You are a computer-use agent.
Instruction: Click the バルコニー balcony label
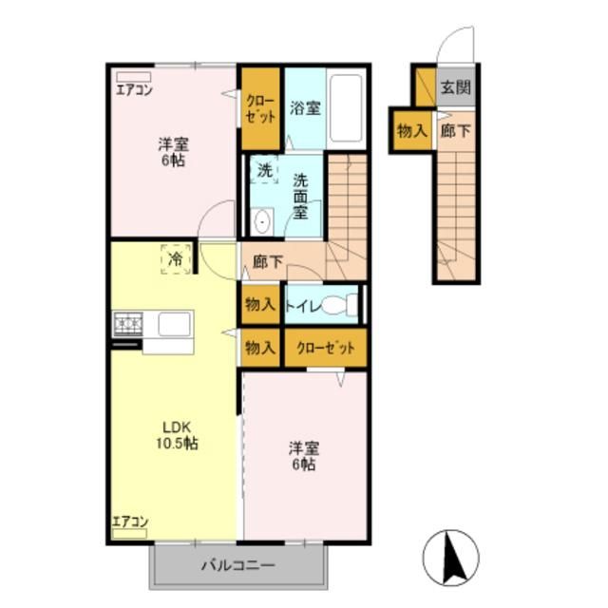pyautogui.click(x=237, y=566)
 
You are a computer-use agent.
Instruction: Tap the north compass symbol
pyautogui.click(x=452, y=556)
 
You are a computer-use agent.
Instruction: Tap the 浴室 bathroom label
pyautogui.click(x=305, y=107)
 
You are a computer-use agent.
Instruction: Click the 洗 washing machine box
pyautogui.click(x=265, y=171)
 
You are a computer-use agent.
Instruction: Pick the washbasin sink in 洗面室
pyautogui.click(x=263, y=222)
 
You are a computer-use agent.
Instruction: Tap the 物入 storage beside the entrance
pyautogui.click(x=411, y=131)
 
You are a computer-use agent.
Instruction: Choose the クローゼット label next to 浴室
pyautogui.click(x=260, y=108)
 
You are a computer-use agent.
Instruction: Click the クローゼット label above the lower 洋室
pyautogui.click(x=326, y=349)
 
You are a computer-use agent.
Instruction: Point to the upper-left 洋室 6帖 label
pyautogui.click(x=172, y=152)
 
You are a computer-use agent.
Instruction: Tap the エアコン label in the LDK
pyautogui.click(x=130, y=521)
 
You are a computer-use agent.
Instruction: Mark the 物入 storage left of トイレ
pyautogui.click(x=259, y=305)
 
